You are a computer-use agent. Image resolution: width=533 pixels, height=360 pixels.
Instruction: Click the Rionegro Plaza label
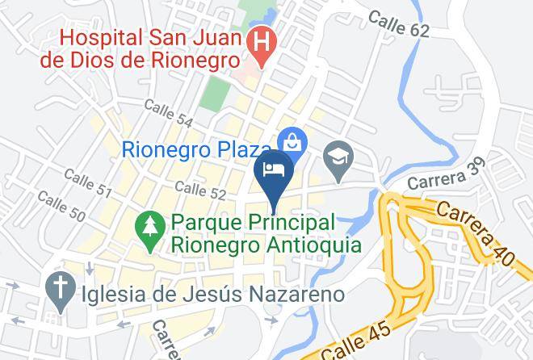click(196, 149)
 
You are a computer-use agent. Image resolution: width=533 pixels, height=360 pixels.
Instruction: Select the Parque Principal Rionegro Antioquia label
click(264, 232)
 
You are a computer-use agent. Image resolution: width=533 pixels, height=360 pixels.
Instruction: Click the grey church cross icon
click(58, 287)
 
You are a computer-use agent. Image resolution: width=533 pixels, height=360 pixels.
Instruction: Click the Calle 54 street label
click(168, 112)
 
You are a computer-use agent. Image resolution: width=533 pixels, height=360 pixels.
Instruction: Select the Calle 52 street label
click(199, 190)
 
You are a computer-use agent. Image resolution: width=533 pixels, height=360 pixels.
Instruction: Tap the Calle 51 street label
click(86, 182)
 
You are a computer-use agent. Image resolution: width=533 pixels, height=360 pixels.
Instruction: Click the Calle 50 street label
click(61, 207)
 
